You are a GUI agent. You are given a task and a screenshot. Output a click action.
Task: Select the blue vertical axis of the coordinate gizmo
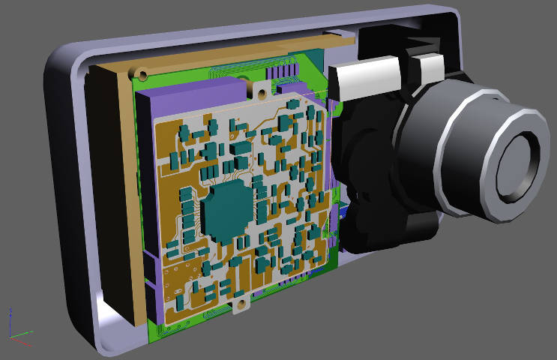tap(10, 320)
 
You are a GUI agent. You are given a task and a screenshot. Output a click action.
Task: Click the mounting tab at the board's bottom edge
tap(241, 307)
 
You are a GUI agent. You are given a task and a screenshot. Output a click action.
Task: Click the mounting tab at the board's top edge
tap(260, 93)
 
